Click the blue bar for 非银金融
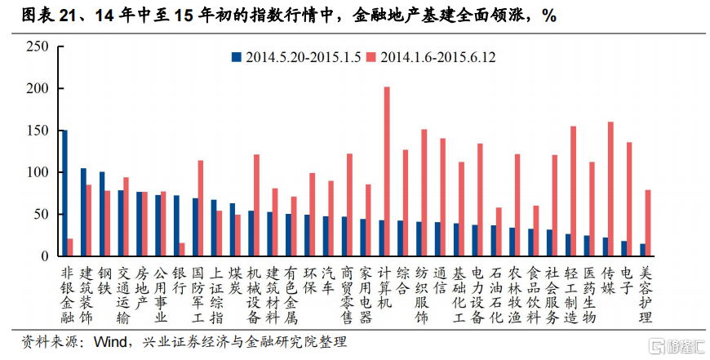click(64, 193)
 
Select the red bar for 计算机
click(387, 171)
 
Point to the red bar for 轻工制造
click(573, 191)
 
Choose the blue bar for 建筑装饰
click(83, 212)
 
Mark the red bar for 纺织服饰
click(424, 193)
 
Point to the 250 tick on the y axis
click(38, 47)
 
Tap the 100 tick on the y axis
click(38, 172)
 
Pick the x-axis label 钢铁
click(104, 280)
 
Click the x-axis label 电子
click(627, 280)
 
